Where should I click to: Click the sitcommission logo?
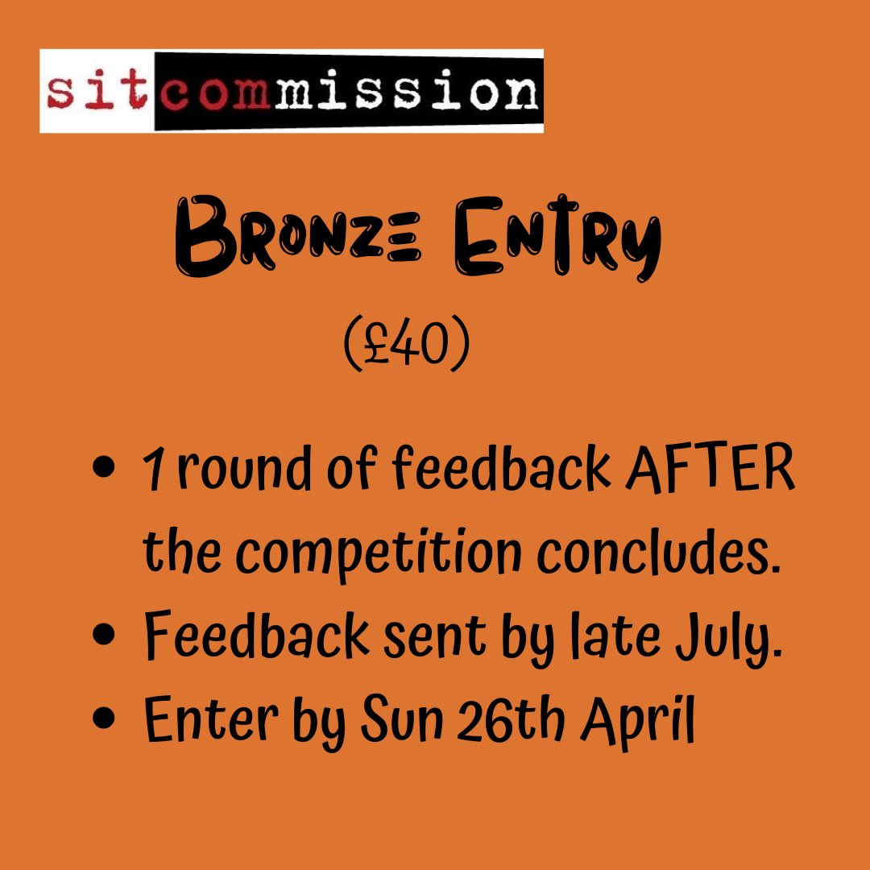coord(292,90)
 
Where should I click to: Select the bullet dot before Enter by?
coord(102,716)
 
